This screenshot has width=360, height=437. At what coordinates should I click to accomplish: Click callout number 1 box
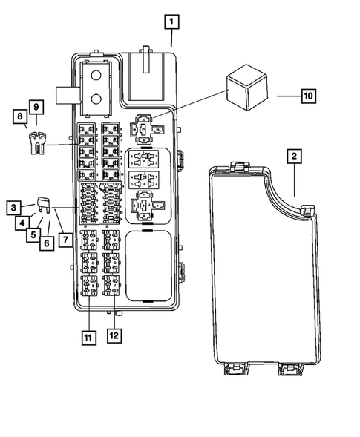tap(171, 22)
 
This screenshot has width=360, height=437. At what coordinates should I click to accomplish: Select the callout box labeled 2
tap(294, 156)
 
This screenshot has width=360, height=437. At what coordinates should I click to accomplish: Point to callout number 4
tap(24, 221)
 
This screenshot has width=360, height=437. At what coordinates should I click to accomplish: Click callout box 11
tap(88, 338)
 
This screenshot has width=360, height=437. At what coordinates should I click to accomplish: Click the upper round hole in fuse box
tap(96, 76)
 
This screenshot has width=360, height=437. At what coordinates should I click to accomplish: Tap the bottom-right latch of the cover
tap(289, 369)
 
